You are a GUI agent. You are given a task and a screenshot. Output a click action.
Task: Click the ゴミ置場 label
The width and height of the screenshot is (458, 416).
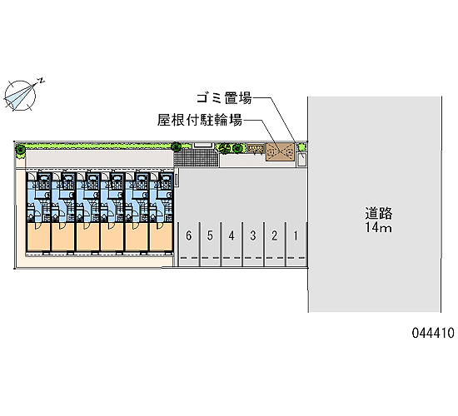pyautogui.click(x=224, y=98)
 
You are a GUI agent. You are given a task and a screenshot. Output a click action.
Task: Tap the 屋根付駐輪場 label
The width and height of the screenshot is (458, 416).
pyautogui.click(x=200, y=120)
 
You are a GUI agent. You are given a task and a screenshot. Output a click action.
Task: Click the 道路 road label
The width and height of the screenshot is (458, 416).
pyautogui.click(x=379, y=213)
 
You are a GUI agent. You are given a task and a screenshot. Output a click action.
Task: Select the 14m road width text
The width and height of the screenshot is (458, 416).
pyautogui.click(x=379, y=227)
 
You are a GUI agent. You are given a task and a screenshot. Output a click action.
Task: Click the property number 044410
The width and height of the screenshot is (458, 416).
pyautogui.click(x=433, y=333)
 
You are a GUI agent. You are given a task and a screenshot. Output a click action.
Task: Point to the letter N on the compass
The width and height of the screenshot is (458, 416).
pyautogui.click(x=42, y=81)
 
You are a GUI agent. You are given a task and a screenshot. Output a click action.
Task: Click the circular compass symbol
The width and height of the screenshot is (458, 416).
pyautogui.click(x=20, y=96)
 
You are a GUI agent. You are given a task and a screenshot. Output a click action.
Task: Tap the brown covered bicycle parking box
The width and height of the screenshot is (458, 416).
pyautogui.click(x=280, y=151)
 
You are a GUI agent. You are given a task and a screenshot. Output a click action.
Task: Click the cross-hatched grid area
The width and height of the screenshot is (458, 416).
pyautogui.click(x=197, y=157)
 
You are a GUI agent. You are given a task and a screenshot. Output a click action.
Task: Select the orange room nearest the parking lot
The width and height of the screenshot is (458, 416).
pyautogui.click(x=161, y=236)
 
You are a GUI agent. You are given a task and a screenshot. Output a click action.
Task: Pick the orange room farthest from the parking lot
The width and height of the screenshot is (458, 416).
pyautogui.click(x=38, y=236)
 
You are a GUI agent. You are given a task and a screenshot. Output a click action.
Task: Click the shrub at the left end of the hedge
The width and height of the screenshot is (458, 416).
pyautogui.click(x=20, y=151)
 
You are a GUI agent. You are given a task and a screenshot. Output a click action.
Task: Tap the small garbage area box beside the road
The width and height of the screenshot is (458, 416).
pyautogui.click(x=302, y=160)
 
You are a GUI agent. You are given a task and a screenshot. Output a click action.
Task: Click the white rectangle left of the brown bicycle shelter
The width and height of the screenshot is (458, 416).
pyautogui.click(x=203, y=145)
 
